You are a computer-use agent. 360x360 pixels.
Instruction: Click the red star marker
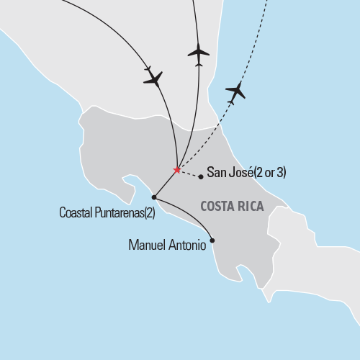pos(176,170)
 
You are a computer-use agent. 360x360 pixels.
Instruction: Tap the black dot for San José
pos(201,176)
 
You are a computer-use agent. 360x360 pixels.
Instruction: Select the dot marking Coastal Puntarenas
pos(154,197)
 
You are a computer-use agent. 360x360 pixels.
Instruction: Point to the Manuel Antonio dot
pos(212,241)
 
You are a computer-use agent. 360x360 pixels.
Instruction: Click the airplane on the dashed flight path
pos(235,91)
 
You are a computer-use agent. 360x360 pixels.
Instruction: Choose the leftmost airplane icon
pos(153,77)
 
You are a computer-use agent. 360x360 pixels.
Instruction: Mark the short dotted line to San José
pos(189,174)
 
